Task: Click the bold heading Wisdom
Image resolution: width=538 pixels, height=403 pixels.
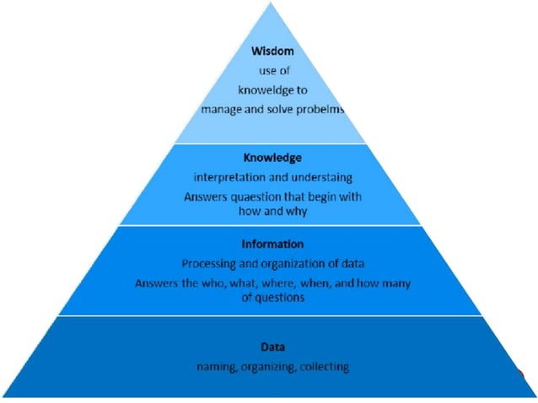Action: (272, 51)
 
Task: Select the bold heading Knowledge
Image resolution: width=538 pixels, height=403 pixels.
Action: (272, 158)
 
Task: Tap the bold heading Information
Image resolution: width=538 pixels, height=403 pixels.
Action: (272, 244)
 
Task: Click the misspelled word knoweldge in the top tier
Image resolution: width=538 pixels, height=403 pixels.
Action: (263, 89)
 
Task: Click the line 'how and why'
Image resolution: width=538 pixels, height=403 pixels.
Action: (272, 213)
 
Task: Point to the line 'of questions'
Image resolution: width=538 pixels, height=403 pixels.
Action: (272, 299)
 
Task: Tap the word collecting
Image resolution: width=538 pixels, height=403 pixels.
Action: (324, 367)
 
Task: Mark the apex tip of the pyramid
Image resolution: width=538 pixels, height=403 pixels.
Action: (272, 3)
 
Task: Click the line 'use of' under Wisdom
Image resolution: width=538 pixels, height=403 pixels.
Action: (272, 71)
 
